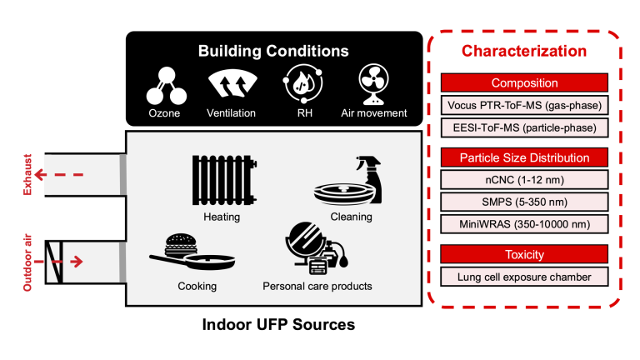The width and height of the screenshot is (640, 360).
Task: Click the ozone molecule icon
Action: point(167,86)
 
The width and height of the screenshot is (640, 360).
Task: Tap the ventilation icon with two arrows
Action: point(232,84)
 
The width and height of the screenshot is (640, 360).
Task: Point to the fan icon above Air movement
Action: point(373,84)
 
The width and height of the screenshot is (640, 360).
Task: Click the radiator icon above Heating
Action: point(224,180)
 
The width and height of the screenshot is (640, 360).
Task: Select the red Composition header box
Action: point(524,82)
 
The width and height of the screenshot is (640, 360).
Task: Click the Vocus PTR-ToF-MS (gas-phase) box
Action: point(524,105)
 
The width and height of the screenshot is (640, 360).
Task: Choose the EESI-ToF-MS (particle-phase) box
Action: point(524,127)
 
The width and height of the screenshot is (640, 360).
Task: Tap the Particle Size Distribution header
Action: point(524,157)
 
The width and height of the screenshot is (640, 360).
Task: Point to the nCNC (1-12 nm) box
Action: point(524,180)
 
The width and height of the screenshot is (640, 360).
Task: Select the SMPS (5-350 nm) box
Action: point(524,202)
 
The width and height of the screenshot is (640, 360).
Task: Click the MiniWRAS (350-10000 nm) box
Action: point(524,224)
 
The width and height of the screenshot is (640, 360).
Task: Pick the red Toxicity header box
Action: point(524,254)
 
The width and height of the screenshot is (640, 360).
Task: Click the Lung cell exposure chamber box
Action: point(524,277)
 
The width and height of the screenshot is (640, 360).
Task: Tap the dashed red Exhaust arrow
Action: point(59,175)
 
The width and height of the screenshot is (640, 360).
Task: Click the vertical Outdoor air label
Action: point(27,262)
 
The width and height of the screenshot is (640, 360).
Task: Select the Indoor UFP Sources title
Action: point(279,324)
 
